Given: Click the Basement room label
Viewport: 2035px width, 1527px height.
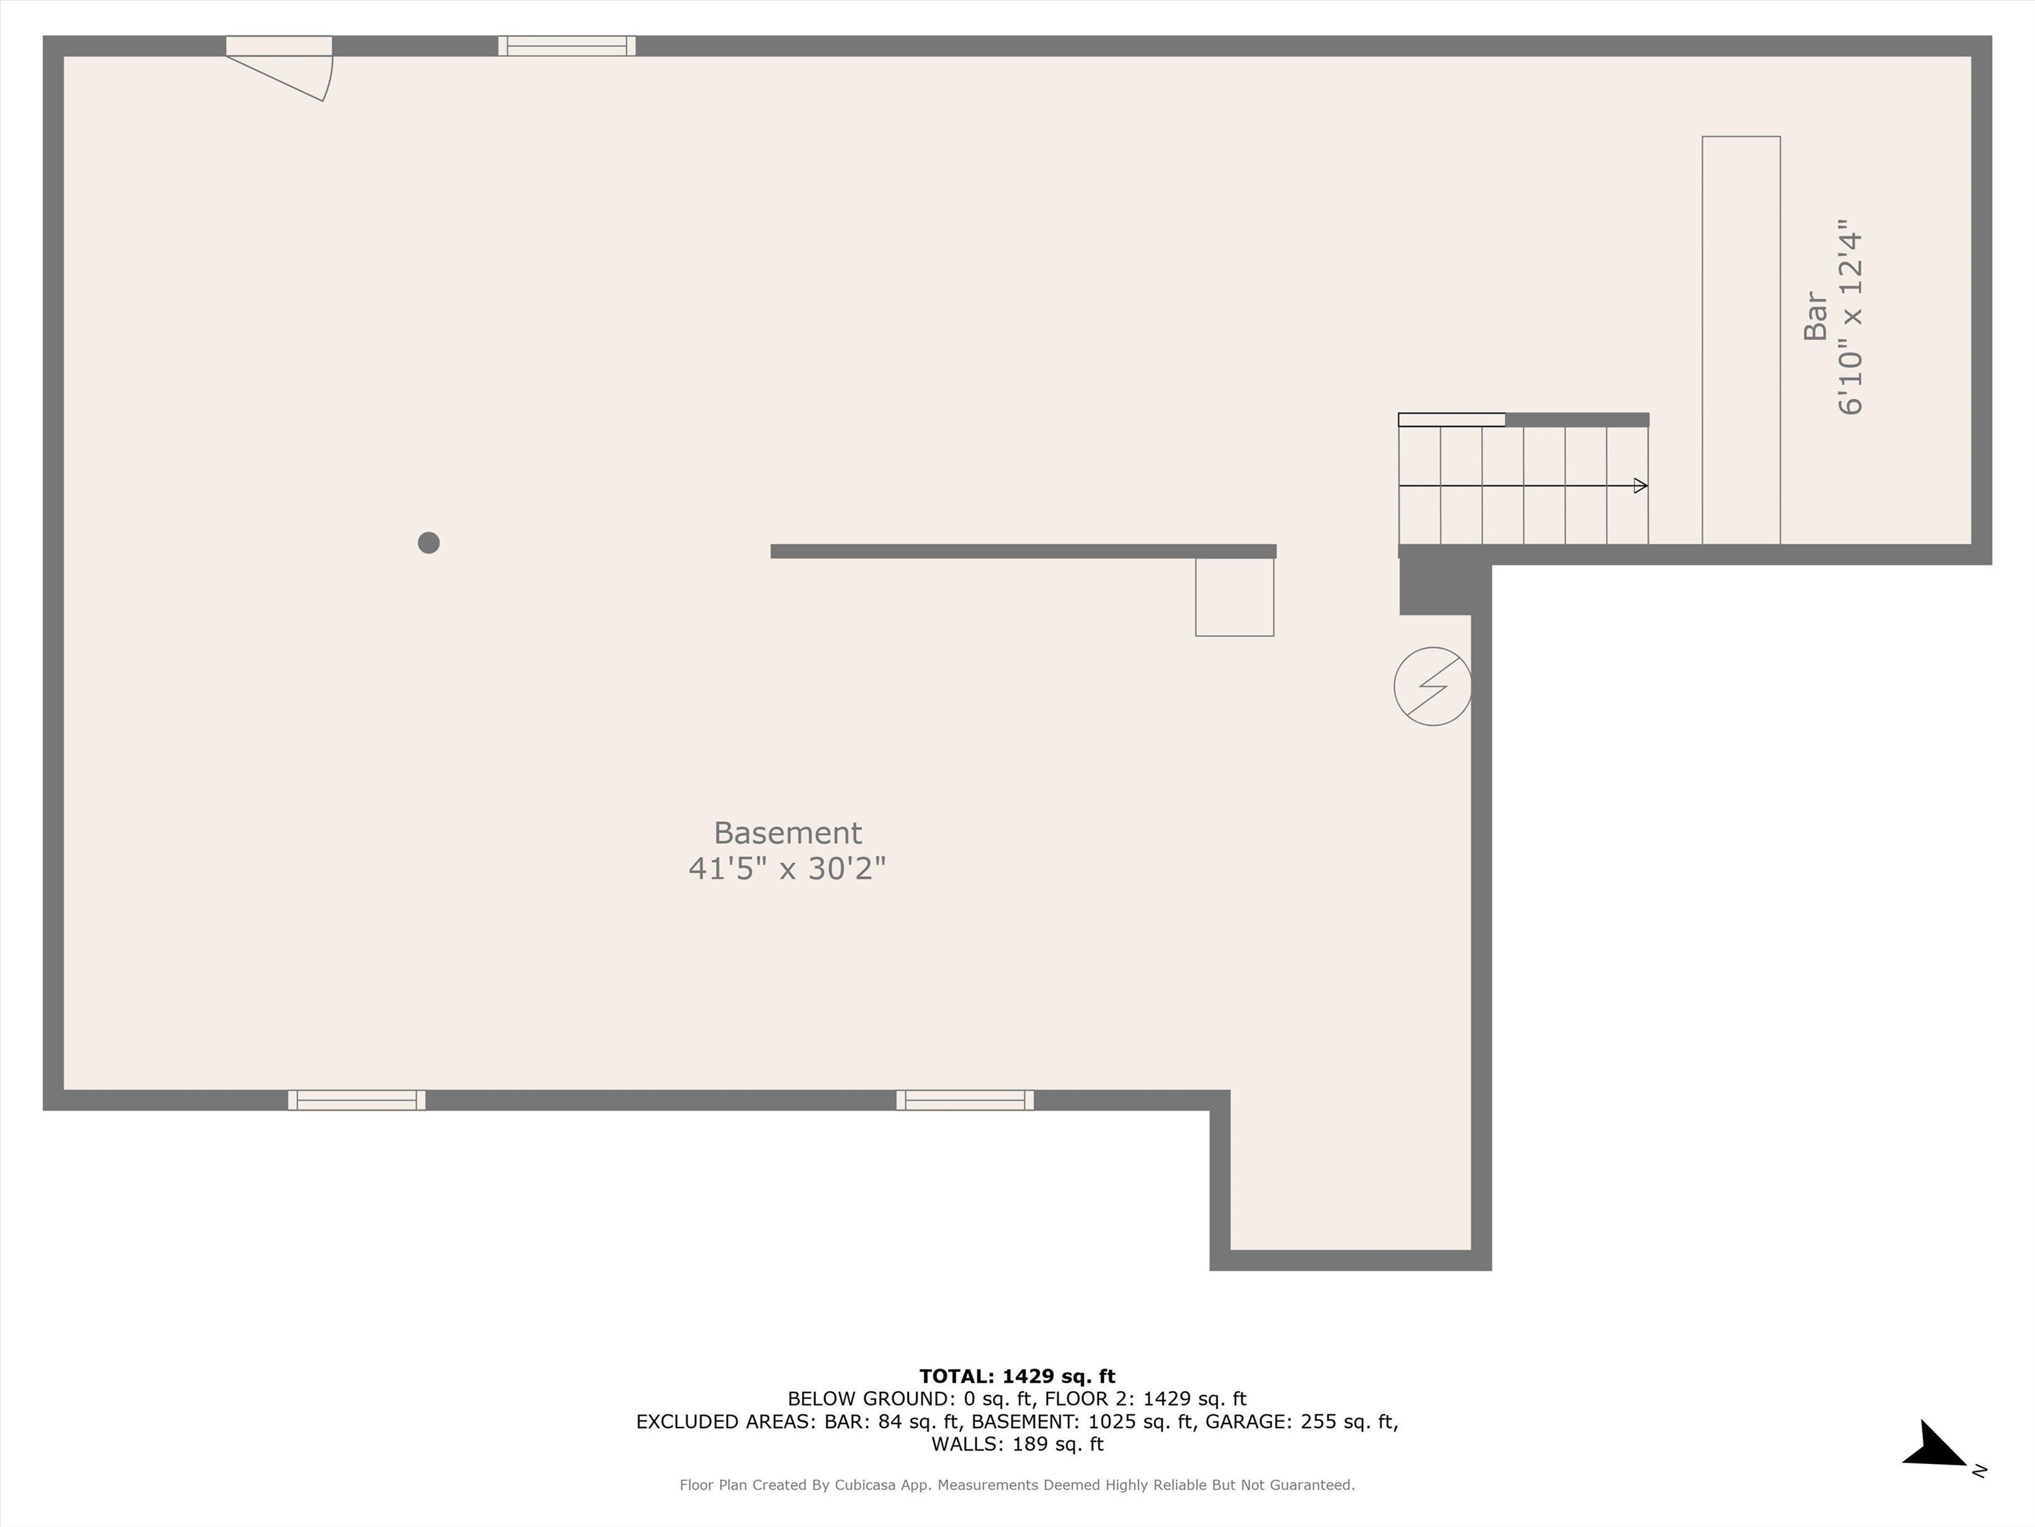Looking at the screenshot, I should (x=788, y=833).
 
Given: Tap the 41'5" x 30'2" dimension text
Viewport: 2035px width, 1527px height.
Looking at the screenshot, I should (x=788, y=868).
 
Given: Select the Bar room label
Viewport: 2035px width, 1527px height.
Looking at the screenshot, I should (x=1815, y=315).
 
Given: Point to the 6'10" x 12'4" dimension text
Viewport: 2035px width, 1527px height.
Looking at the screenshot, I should (x=1850, y=317).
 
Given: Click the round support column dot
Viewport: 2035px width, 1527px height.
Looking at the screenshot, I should (x=429, y=543).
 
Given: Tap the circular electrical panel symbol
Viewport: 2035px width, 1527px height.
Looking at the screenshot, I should (x=1432, y=687).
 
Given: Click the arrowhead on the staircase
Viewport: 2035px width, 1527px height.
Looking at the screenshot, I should (x=1640, y=486).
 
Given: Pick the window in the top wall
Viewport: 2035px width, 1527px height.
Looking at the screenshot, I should (x=566, y=46).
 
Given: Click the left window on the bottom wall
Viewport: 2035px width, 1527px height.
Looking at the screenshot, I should (x=357, y=1100).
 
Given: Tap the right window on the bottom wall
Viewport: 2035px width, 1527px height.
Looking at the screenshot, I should (x=965, y=1100).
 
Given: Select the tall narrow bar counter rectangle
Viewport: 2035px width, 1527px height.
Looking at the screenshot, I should (x=1741, y=341).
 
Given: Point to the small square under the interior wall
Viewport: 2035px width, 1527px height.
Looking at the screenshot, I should (x=1235, y=596).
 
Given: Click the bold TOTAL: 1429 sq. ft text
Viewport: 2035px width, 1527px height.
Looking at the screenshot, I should (x=1017, y=1376).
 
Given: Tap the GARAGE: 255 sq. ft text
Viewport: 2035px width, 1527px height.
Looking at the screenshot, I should (x=1301, y=1421).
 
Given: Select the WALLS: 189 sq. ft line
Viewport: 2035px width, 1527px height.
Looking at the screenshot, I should (x=1017, y=1444).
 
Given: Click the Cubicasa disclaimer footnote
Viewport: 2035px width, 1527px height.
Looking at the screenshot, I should (x=1017, y=1485).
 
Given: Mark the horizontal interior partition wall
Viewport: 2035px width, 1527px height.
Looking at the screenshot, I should (x=1023, y=551).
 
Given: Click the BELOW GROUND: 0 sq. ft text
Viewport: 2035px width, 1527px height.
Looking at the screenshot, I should (x=872, y=1399).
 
